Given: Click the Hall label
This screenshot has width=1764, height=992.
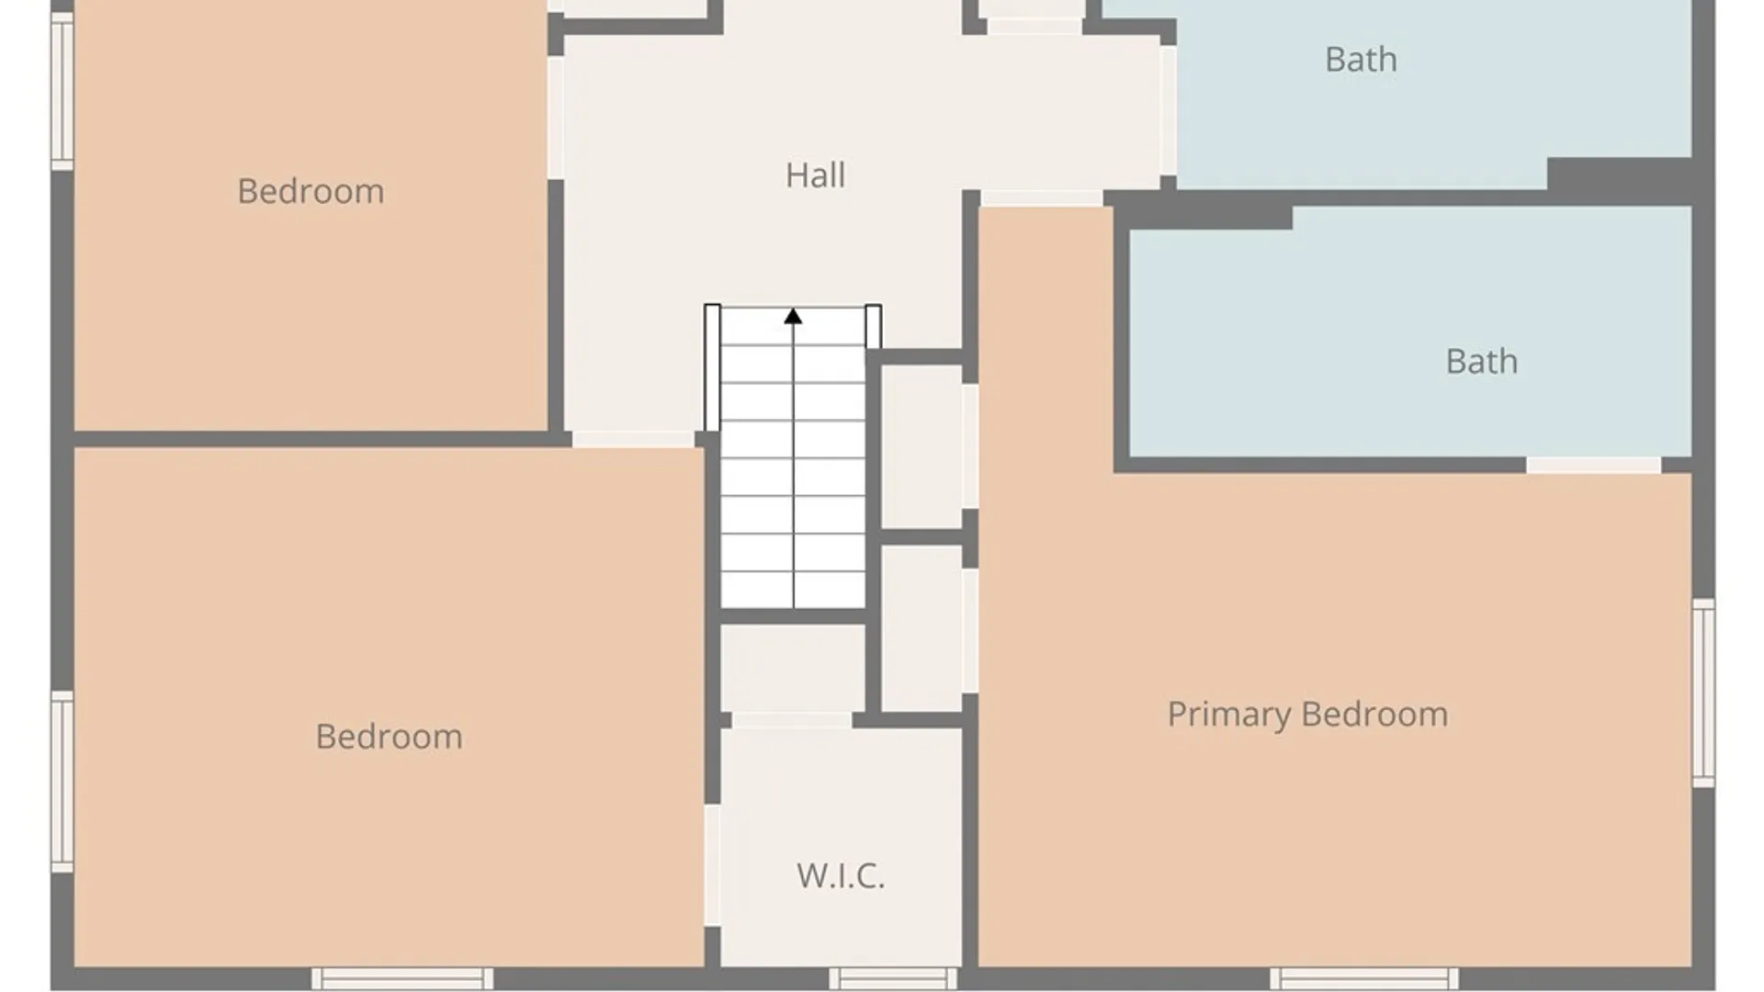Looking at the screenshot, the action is pyautogui.click(x=815, y=175).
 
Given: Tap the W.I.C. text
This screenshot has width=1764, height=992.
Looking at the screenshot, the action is pyautogui.click(x=841, y=875).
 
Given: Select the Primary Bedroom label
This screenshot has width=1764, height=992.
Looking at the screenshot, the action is pyautogui.click(x=1307, y=715).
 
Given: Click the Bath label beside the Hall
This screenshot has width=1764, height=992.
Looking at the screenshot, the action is pyautogui.click(x=1361, y=60).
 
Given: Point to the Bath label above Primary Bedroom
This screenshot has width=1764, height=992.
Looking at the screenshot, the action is pyautogui.click(x=1481, y=361).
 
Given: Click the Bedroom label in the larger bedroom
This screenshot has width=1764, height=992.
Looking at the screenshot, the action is pyautogui.click(x=389, y=737).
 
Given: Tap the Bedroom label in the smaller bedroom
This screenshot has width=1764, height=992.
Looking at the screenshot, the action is pyautogui.click(x=311, y=191).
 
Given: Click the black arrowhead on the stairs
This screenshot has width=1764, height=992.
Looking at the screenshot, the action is pyautogui.click(x=793, y=316).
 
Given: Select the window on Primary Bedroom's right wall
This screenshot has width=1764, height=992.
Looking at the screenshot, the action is pyautogui.click(x=1703, y=693).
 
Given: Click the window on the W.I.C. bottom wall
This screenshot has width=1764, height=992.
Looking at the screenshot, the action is pyautogui.click(x=893, y=978).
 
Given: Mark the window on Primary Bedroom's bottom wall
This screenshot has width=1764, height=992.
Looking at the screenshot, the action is pyautogui.click(x=1364, y=978).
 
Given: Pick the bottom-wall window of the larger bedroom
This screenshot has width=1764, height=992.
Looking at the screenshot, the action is pyautogui.click(x=402, y=978).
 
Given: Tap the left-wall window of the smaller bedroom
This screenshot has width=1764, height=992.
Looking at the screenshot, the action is pyautogui.click(x=62, y=91).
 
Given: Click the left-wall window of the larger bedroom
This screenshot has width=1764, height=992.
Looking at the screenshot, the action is pyautogui.click(x=62, y=782).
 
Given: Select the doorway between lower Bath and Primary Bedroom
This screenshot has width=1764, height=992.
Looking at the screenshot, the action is pyautogui.click(x=1593, y=466).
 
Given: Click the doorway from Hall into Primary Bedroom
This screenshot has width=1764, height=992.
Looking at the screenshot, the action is pyautogui.click(x=1041, y=198).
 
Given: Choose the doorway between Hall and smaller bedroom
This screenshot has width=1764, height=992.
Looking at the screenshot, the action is pyautogui.click(x=556, y=118).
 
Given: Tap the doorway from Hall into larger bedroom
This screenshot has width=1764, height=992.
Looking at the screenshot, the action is pyautogui.click(x=633, y=439).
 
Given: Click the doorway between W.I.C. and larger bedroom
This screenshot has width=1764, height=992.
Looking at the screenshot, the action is pyautogui.click(x=712, y=865).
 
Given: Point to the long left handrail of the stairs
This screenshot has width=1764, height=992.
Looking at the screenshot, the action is pyautogui.click(x=712, y=367).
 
